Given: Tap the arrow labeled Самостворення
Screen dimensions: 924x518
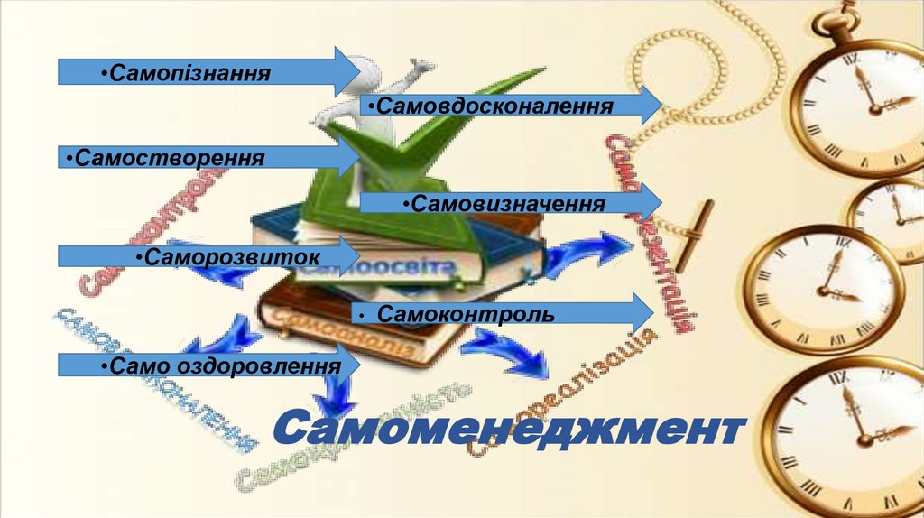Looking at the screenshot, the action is [x=208, y=159].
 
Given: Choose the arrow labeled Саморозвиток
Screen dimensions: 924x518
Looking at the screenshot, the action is [x=208, y=256].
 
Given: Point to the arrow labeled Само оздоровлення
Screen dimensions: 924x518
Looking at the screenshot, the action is [x=208, y=365].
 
